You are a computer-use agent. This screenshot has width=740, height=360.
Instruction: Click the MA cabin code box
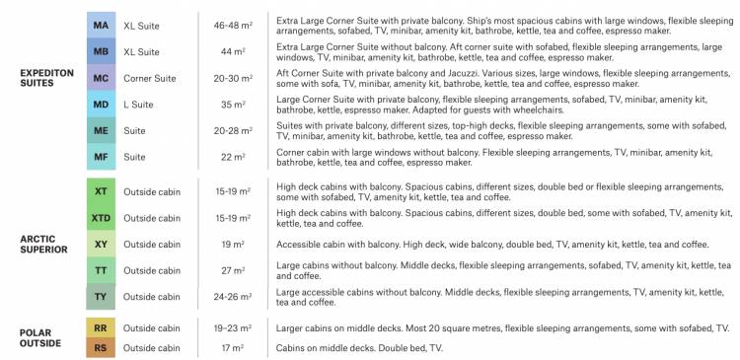point(101,23)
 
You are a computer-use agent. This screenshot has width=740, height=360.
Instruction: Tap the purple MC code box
point(101,77)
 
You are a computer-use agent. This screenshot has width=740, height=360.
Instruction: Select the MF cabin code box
point(101,156)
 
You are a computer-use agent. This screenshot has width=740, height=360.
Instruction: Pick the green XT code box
point(101,191)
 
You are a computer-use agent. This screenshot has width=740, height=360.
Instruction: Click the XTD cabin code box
point(101,218)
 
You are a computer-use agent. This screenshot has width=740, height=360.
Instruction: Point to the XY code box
point(101,244)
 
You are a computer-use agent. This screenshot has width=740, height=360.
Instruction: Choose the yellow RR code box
point(101,327)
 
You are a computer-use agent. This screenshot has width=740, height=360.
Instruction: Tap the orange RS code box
point(101,347)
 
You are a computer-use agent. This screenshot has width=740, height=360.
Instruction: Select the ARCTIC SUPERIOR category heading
point(43,244)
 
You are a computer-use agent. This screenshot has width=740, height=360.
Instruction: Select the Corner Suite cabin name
point(149,77)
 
